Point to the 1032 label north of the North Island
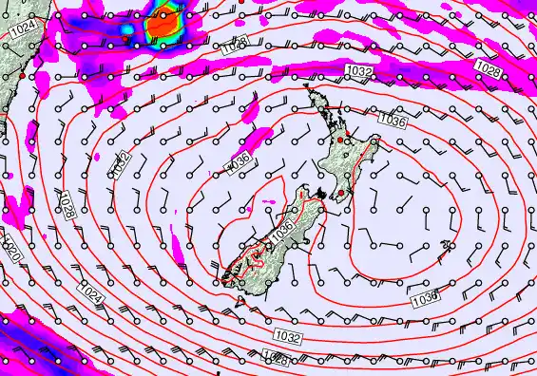[359, 71]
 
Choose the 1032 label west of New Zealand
[121, 164]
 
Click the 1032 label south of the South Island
[287, 337]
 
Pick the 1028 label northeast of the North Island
[489, 68]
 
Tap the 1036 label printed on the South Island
[280, 229]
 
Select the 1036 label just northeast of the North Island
[392, 120]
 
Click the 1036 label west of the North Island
[239, 163]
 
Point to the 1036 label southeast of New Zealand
[425, 299]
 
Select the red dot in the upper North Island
[340, 140]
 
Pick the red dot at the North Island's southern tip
[339, 194]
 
